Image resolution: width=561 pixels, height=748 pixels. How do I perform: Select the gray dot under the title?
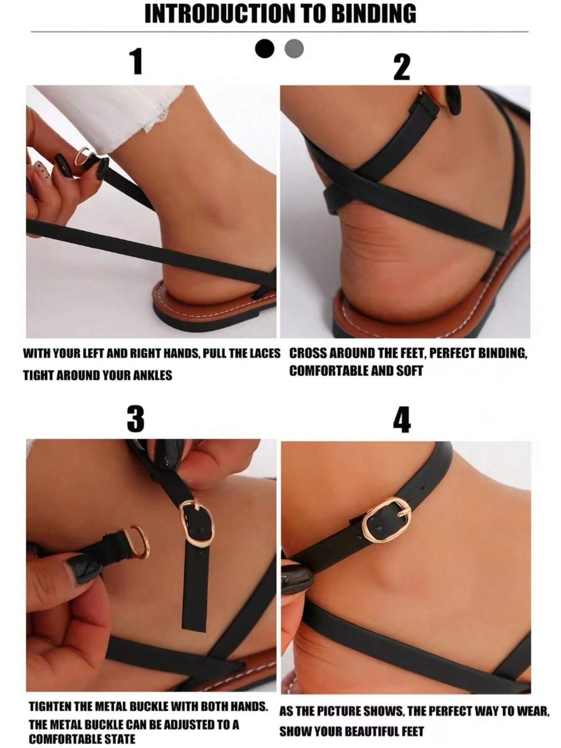pyautogui.click(x=294, y=49)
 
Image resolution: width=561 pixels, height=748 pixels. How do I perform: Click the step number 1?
pyautogui.click(x=136, y=61)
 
